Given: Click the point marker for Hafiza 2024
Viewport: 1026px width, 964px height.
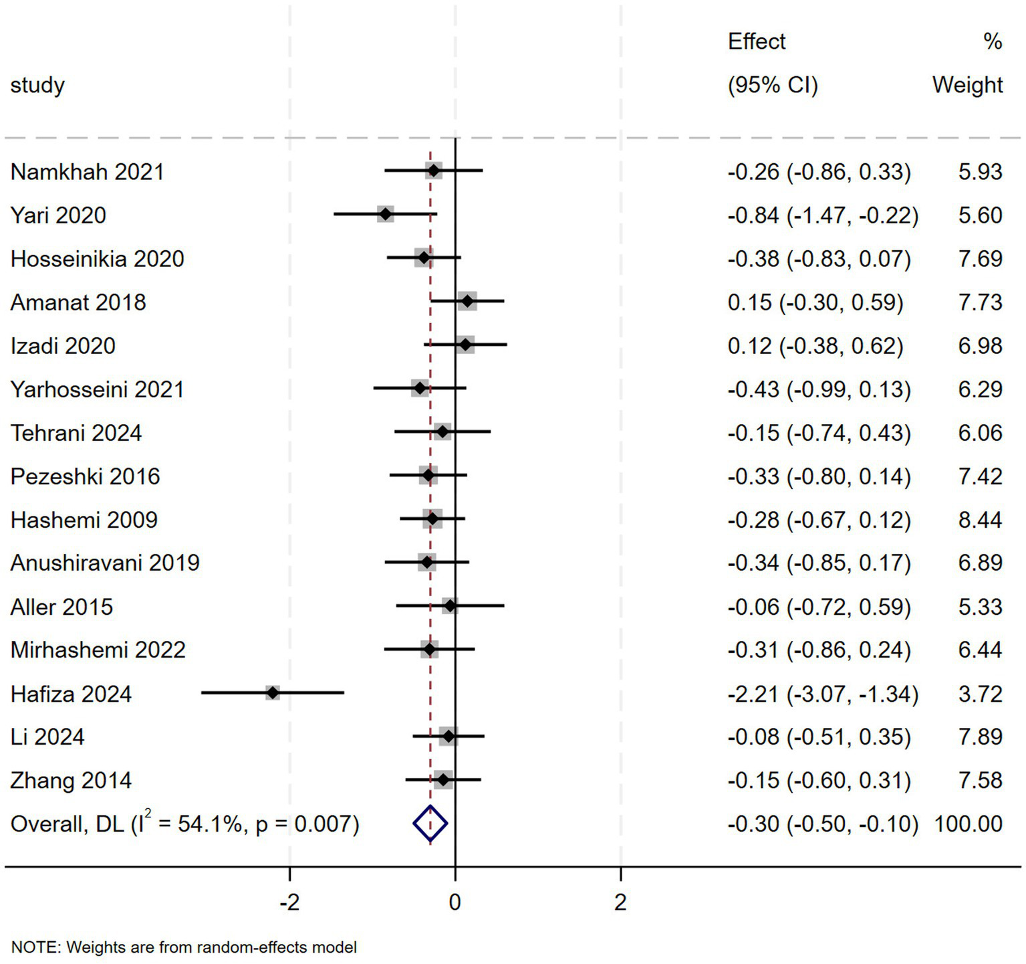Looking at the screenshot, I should pyautogui.click(x=273, y=693).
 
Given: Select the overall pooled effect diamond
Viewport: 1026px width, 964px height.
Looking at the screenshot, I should pyautogui.click(x=430, y=824).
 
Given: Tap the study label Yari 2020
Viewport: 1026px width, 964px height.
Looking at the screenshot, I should pyautogui.click(x=58, y=215).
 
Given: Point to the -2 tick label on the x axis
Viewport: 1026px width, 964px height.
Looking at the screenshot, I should pyautogui.click(x=289, y=902).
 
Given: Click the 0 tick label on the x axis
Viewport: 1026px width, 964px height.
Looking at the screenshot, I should pyautogui.click(x=455, y=902).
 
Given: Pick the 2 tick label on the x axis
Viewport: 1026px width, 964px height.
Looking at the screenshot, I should pyautogui.click(x=620, y=902).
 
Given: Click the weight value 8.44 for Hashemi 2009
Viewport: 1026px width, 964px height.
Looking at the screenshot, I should pyautogui.click(x=980, y=520).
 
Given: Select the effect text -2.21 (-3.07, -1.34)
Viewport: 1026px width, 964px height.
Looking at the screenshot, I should pyautogui.click(x=823, y=694).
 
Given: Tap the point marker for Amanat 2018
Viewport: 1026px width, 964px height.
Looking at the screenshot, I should pyautogui.click(x=467, y=302).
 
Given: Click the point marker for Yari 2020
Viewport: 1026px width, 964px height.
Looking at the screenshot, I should pyautogui.click(x=385, y=215).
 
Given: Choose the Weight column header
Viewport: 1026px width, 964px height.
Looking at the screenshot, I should pyautogui.click(x=967, y=85).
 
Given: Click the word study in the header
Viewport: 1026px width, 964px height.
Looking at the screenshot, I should pyautogui.click(x=37, y=85).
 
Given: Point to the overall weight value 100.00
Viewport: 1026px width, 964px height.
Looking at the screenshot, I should pyautogui.click(x=968, y=824).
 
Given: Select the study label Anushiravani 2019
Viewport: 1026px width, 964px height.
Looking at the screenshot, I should pyautogui.click(x=105, y=563).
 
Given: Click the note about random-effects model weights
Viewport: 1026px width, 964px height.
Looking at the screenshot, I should pyautogui.click(x=184, y=947).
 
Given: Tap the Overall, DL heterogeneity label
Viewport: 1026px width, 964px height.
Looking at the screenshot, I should pyautogui.click(x=184, y=824).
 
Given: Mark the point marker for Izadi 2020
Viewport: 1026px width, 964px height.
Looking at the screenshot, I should pyautogui.click(x=465, y=345).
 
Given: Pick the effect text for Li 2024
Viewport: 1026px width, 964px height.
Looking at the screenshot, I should pyautogui.click(x=819, y=737).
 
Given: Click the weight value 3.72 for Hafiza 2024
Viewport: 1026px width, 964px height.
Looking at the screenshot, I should pyautogui.click(x=980, y=694).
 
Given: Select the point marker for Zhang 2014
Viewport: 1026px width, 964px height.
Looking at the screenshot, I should pyautogui.click(x=442, y=780).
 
